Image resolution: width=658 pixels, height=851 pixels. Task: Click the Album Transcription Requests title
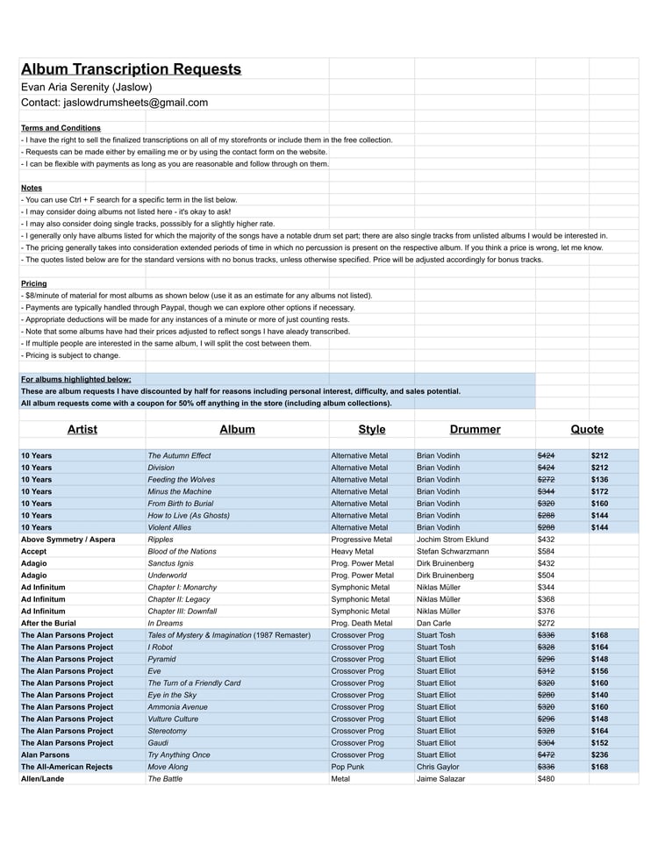point(131,69)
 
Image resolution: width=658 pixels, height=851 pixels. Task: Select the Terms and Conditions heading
point(61,128)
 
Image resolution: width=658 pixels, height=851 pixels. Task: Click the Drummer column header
point(475,429)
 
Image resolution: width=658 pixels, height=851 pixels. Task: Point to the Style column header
point(371,429)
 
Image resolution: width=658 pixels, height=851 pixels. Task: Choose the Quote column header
point(587,429)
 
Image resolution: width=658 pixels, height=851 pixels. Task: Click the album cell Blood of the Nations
point(182,551)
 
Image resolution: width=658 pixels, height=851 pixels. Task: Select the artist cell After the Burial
point(49,623)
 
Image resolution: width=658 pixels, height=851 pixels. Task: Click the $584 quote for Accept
point(546,551)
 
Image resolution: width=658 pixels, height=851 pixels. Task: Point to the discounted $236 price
point(599,754)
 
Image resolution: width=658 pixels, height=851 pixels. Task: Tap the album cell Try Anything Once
point(179,754)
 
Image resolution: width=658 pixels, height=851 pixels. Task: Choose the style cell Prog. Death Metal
point(361,623)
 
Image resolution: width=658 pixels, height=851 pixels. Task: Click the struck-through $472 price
point(546,754)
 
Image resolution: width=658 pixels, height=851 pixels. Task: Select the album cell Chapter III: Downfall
point(182,611)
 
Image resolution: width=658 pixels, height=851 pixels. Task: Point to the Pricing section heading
point(33,284)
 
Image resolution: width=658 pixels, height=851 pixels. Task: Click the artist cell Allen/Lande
point(42,778)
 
